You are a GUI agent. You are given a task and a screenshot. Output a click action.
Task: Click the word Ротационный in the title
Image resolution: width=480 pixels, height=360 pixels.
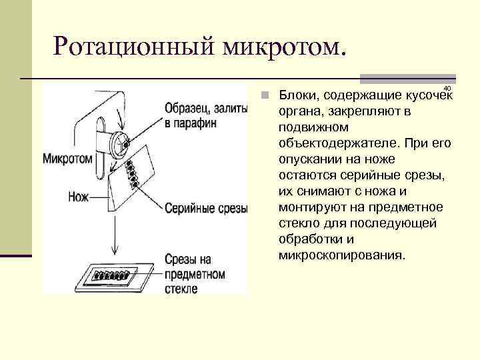[134, 47]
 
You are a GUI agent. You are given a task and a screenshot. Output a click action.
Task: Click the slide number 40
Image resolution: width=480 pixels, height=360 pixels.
[447, 89]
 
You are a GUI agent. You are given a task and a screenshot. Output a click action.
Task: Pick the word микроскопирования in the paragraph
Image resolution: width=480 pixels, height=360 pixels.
[341, 255]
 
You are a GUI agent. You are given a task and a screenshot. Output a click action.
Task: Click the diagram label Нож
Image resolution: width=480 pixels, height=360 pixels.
[78, 197]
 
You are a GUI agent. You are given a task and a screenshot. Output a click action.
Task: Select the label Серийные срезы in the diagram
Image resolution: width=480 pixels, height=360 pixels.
[205, 208]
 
